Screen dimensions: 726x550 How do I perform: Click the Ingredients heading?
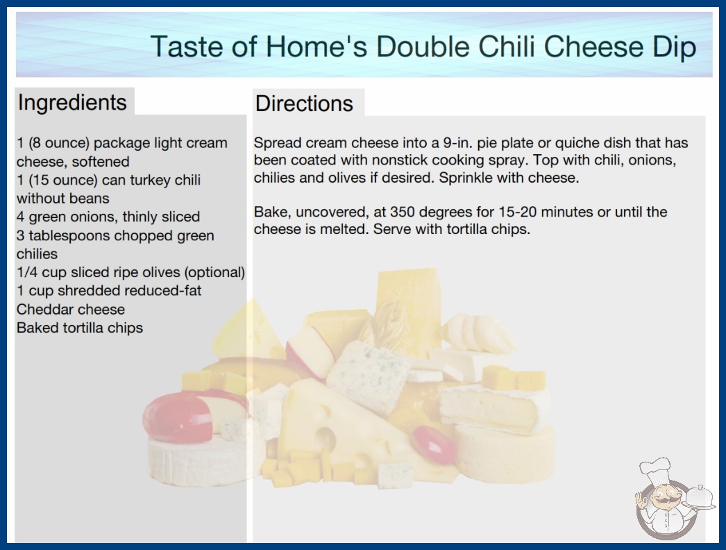(x=72, y=103)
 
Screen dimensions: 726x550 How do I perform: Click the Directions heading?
(x=304, y=103)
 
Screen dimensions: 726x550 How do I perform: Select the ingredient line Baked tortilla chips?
(x=80, y=328)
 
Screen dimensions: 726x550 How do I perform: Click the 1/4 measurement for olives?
(x=27, y=272)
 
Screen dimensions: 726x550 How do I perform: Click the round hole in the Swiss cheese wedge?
(x=327, y=438)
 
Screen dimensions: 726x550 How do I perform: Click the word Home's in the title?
(x=316, y=47)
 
